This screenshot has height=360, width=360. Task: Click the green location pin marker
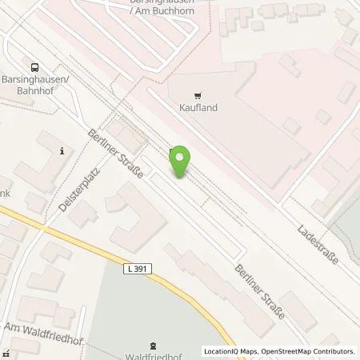[182, 162]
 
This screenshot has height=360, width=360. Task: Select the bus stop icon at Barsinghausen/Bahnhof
[34, 68]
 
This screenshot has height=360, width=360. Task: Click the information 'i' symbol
[62, 150]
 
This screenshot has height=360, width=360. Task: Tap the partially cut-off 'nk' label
[4, 193]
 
